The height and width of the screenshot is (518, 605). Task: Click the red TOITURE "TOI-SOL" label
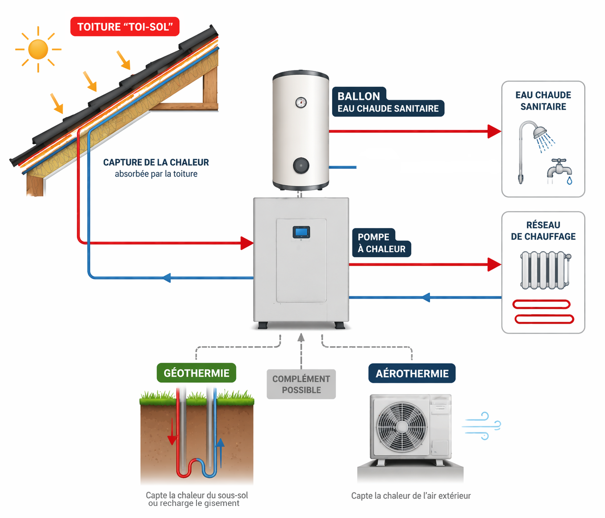pyautogui.click(x=125, y=27)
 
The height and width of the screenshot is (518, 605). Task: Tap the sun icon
pyautogui.click(x=38, y=49)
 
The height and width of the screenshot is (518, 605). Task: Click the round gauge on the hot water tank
pyautogui.click(x=301, y=103)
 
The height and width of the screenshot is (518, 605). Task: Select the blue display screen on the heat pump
pyautogui.click(x=301, y=232)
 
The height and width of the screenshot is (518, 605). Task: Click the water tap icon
pyautogui.click(x=559, y=170)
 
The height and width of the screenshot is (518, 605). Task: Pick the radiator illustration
pyautogui.click(x=545, y=270)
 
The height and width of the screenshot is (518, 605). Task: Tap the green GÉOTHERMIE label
pyautogui.click(x=196, y=373)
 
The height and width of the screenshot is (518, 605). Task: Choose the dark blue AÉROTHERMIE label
pyautogui.click(x=412, y=373)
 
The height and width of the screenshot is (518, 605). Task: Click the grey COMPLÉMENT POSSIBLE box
pyautogui.click(x=301, y=384)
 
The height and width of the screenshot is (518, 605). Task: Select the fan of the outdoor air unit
pyautogui.click(x=402, y=426)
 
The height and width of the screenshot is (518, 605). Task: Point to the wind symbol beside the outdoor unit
pyautogui.click(x=482, y=426)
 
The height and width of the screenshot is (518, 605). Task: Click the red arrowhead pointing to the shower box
pyautogui.click(x=494, y=131)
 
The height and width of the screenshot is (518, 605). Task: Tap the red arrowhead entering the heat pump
pyautogui.click(x=247, y=243)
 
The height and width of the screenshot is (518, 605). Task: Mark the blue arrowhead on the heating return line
pyautogui.click(x=426, y=297)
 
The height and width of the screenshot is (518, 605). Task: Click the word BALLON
pyautogui.click(x=359, y=96)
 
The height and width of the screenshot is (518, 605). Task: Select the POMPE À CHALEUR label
pyautogui.click(x=381, y=243)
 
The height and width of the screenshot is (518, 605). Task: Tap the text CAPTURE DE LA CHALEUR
pyautogui.click(x=156, y=162)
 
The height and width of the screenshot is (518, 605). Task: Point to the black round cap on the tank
pyautogui.click(x=301, y=166)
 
